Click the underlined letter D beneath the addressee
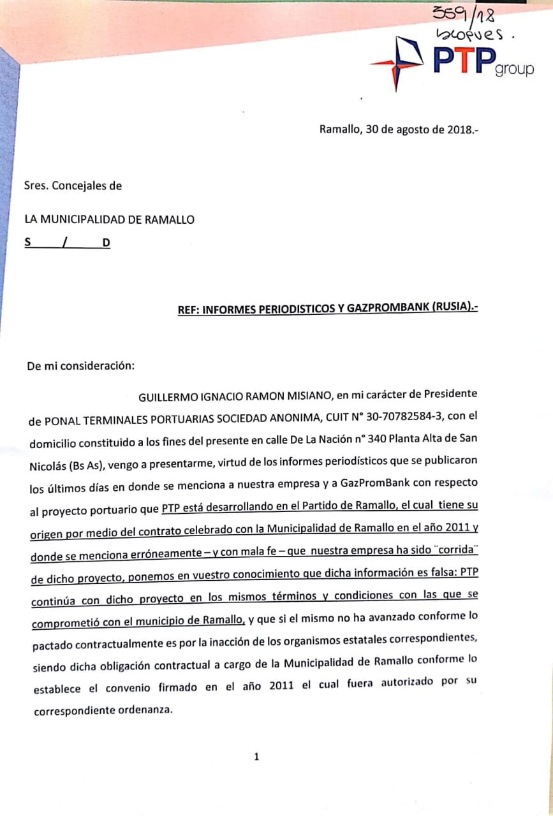coord(106,243)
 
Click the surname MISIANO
coord(304,397)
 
